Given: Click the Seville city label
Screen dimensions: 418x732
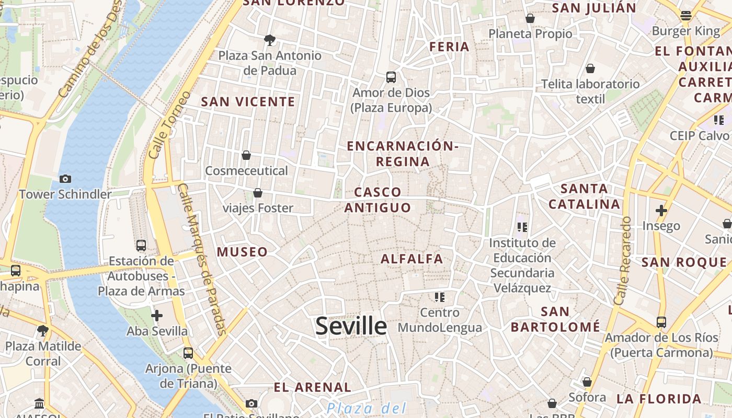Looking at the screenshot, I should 351,326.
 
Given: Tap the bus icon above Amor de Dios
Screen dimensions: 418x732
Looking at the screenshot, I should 391,77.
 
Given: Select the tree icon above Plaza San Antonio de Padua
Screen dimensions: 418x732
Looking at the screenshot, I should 270,40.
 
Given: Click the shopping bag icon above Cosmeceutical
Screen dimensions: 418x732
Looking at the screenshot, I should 246,155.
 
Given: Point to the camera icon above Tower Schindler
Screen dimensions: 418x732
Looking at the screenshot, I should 65,179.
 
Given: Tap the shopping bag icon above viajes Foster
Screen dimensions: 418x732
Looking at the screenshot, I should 258,193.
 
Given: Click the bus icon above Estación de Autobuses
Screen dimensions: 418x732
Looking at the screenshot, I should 141,245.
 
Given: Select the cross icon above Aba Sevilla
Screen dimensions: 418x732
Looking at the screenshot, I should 156,316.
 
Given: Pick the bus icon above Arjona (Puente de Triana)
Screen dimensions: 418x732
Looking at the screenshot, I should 188,353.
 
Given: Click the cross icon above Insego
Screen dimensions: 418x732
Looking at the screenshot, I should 661,211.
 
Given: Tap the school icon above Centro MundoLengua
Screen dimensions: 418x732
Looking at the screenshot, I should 440,297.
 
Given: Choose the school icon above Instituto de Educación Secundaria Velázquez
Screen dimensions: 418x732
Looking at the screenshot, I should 522,227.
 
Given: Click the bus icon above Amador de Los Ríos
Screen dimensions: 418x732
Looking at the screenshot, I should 661,322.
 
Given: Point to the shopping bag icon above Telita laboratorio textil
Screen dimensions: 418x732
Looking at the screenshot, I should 590,68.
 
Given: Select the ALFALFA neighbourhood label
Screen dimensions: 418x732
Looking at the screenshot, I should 412,259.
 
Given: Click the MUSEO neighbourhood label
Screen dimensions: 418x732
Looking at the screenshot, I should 242,252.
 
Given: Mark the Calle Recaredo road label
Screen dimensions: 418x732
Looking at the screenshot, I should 622,261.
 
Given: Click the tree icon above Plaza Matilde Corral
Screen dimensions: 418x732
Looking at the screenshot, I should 43,330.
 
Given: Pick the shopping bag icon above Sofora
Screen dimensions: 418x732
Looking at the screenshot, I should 587,382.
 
